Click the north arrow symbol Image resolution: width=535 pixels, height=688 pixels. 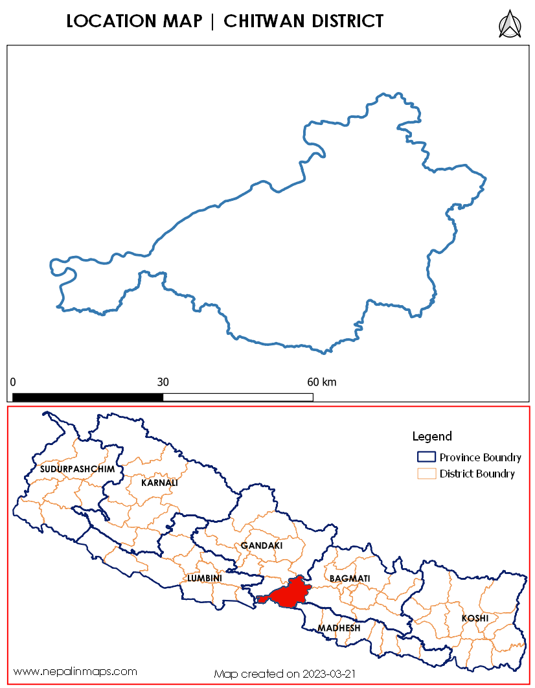point(510,24)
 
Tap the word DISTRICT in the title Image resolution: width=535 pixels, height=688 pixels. point(347,21)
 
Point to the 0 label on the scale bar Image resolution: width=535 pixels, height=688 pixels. point(13,382)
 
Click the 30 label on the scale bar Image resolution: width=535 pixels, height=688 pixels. point(163,382)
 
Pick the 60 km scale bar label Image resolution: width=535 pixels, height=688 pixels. point(321,382)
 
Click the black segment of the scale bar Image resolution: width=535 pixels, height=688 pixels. point(87,396)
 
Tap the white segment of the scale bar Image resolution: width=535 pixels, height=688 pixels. point(238,396)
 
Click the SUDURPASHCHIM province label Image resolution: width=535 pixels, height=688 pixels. point(77,468)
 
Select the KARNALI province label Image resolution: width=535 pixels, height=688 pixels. point(159,483)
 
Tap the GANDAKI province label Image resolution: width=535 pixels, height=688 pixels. point(262,545)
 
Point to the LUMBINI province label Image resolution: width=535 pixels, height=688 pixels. point(205,578)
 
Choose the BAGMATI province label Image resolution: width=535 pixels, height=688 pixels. point(349,577)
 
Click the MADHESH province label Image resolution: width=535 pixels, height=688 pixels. point(338,628)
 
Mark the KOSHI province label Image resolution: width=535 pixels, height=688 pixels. point(475,618)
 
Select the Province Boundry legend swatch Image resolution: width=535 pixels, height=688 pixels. point(426,457)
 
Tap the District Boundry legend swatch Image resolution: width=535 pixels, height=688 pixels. point(426,474)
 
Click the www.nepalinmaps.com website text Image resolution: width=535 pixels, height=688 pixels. point(76,671)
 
